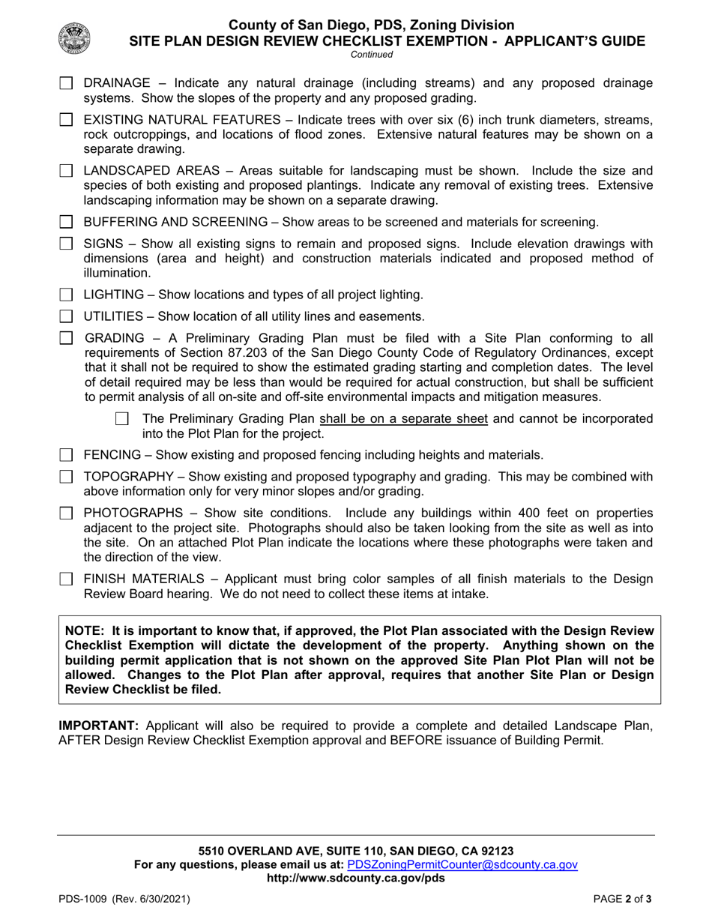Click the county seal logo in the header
[74, 37]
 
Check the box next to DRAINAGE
[66, 82]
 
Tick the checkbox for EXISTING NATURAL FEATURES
[66, 119]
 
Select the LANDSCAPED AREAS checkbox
[66, 170]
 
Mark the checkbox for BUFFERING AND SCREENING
[66, 222]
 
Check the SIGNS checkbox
[66, 244]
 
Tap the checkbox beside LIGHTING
[66, 295]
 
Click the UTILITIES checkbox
[66, 316]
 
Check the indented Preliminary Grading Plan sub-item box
[122, 418]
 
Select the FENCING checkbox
[66, 455]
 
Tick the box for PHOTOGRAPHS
[66, 513]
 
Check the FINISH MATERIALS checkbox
[66, 579]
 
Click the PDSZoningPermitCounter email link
[462, 864]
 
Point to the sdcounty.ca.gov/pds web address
[355, 878]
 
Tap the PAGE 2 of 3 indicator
[622, 899]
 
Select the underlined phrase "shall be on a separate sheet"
[403, 418]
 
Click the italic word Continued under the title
[371, 54]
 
